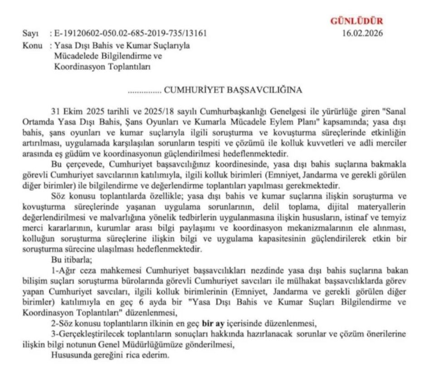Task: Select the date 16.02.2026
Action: (x=363, y=34)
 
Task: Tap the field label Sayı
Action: (x=29, y=34)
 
